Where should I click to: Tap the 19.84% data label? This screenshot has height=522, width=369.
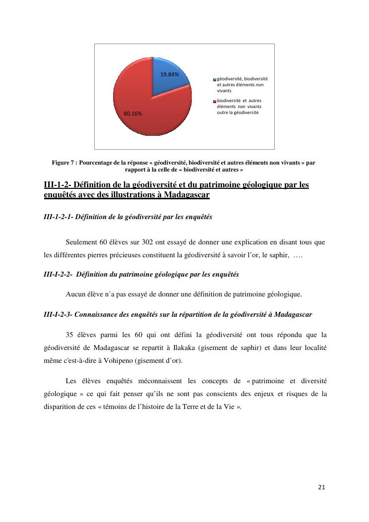pyautogui.click(x=169, y=74)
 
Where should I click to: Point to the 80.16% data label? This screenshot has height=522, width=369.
pyautogui.click(x=133, y=114)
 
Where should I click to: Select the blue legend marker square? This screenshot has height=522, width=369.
pyautogui.click(x=215, y=79)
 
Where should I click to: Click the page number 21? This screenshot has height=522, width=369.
pyautogui.click(x=321, y=487)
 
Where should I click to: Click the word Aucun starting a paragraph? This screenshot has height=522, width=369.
pyautogui.click(x=74, y=294)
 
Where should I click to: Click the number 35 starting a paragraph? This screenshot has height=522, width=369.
pyautogui.click(x=69, y=335)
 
